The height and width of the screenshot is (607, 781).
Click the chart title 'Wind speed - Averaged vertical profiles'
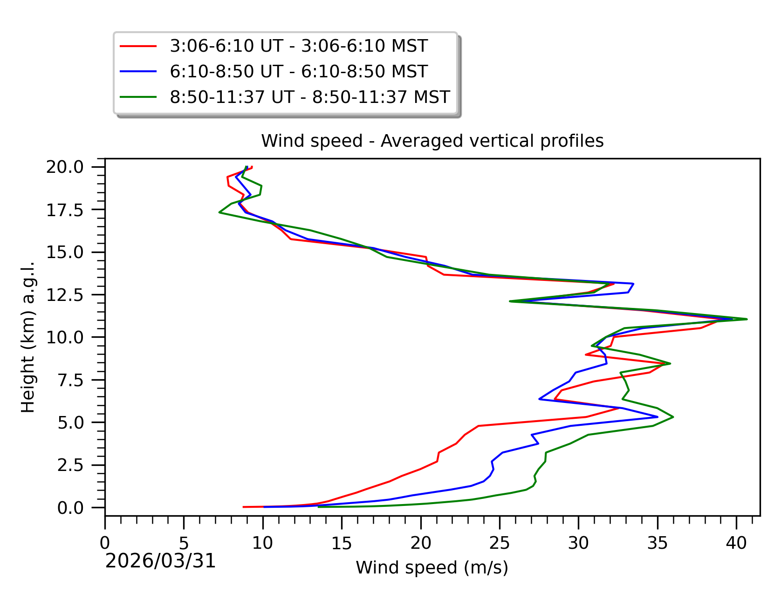coord(432,141)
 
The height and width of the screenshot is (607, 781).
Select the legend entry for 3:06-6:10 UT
coord(298,46)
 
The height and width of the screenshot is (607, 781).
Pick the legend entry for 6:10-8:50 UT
coord(298,72)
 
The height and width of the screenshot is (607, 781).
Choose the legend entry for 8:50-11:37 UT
coord(309,97)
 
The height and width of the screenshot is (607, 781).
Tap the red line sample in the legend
coord(138,46)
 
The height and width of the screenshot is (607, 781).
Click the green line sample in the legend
coord(138,97)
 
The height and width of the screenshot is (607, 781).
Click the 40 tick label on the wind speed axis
coord(736,543)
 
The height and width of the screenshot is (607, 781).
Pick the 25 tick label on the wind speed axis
coord(500,543)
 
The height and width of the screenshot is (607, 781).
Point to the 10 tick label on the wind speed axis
coord(263,543)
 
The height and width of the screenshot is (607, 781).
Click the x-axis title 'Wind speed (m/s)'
coord(432,567)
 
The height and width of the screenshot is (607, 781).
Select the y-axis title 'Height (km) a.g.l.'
coord(28,337)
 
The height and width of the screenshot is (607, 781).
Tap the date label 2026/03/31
coord(161,561)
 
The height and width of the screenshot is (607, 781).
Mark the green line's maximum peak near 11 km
coord(747,319)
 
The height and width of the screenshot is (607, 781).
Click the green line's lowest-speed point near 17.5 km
coord(219,212)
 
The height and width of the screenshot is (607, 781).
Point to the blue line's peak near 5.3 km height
coord(658,416)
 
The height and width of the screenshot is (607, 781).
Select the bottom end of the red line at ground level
coord(244,507)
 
